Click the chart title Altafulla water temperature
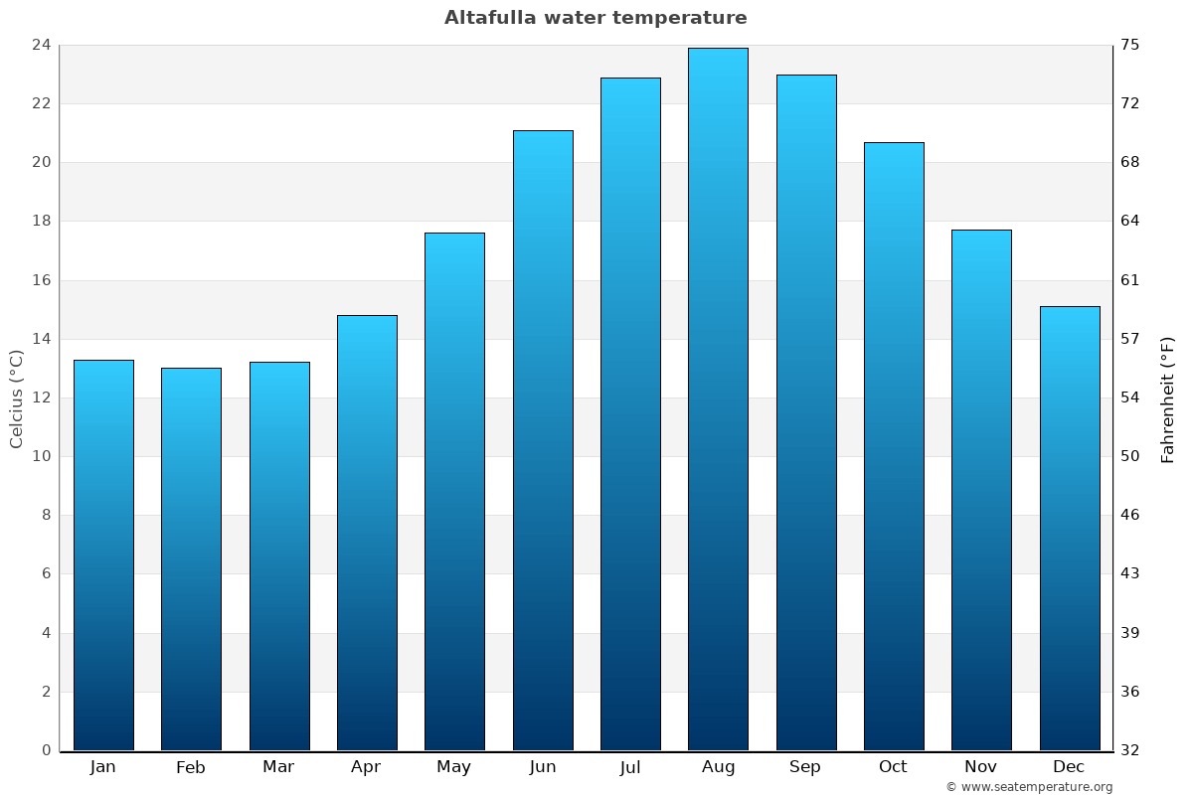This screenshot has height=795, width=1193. click(x=596, y=18)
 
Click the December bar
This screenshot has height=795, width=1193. click(x=1070, y=528)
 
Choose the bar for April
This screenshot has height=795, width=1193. click(x=367, y=533)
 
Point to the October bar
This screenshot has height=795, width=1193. click(x=894, y=446)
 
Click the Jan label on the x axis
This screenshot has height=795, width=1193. click(x=103, y=767)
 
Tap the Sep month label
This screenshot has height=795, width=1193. click(x=805, y=767)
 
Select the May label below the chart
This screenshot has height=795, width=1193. click(x=454, y=767)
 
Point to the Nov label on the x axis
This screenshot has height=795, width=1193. click(x=981, y=767)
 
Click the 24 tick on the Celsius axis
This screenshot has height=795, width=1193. click(x=42, y=45)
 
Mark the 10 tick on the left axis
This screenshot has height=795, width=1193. click(x=42, y=456)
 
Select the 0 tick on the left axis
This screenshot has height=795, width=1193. click(x=46, y=750)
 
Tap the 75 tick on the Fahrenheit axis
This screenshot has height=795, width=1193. click(x=1131, y=45)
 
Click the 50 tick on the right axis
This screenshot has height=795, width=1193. click(x=1131, y=456)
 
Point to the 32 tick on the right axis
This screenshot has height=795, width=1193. click(x=1131, y=750)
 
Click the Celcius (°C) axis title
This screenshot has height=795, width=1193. click(x=16, y=398)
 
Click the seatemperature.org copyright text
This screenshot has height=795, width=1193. click(x=1029, y=787)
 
